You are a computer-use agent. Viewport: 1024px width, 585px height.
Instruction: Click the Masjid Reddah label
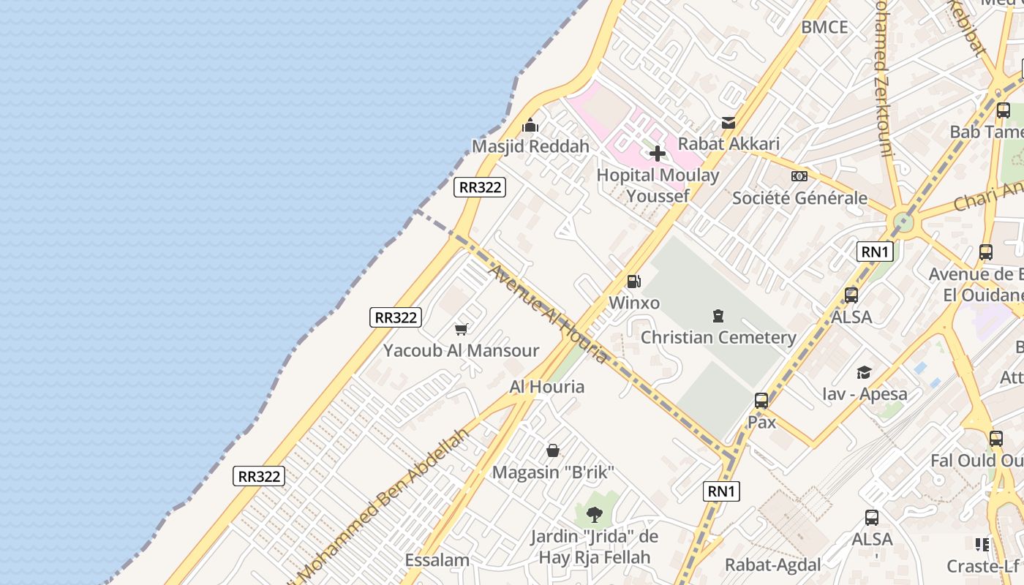click(530, 146)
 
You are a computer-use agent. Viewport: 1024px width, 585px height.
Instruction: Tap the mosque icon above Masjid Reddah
click(530, 126)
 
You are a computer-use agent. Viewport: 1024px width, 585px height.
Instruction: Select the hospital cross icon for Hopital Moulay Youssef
click(658, 154)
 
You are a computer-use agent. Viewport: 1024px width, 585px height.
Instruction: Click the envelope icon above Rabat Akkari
click(729, 123)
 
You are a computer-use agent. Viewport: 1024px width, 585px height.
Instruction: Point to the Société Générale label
click(799, 197)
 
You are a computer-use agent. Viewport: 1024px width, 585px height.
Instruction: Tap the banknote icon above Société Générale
click(799, 176)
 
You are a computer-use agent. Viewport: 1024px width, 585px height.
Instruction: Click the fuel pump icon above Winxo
click(634, 282)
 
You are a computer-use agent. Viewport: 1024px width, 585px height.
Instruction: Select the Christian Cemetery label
click(718, 337)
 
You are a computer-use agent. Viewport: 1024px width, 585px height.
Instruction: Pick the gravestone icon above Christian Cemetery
click(718, 316)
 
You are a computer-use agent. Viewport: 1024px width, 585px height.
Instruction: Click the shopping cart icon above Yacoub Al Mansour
click(461, 329)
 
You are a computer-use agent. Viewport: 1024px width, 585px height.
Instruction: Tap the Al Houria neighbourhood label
click(547, 387)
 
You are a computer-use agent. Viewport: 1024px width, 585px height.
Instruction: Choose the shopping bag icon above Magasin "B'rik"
click(553, 450)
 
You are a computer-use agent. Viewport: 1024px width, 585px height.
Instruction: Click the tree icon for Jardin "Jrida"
click(595, 515)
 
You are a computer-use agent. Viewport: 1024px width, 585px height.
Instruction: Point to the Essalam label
click(437, 561)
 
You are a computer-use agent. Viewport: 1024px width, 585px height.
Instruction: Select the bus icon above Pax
click(761, 401)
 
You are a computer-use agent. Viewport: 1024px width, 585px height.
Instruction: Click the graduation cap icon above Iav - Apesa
click(864, 372)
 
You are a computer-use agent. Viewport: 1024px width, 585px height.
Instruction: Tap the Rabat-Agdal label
click(772, 565)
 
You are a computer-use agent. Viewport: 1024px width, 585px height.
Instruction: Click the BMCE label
click(824, 28)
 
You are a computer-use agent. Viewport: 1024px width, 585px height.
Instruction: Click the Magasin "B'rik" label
click(552, 472)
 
